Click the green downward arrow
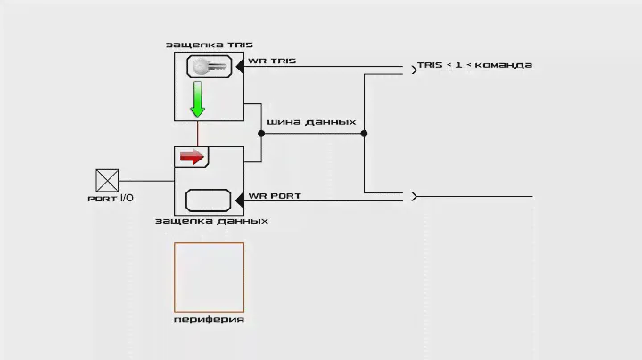click(x=197, y=100)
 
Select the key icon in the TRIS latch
click(x=209, y=66)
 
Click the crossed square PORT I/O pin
click(x=107, y=181)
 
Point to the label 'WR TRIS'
click(x=272, y=61)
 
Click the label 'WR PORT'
click(x=275, y=195)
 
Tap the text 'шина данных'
click(x=312, y=122)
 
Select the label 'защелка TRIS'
click(x=210, y=44)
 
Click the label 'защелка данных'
click(x=211, y=220)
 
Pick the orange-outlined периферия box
click(x=209, y=276)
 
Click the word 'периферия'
click(x=209, y=318)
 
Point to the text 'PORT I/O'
click(x=111, y=199)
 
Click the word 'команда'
click(x=504, y=65)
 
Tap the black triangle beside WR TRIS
click(x=241, y=66)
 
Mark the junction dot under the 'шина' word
click(x=261, y=134)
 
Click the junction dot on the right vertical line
click(x=364, y=134)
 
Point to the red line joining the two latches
click(x=197, y=134)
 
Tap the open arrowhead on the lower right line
click(x=414, y=196)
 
